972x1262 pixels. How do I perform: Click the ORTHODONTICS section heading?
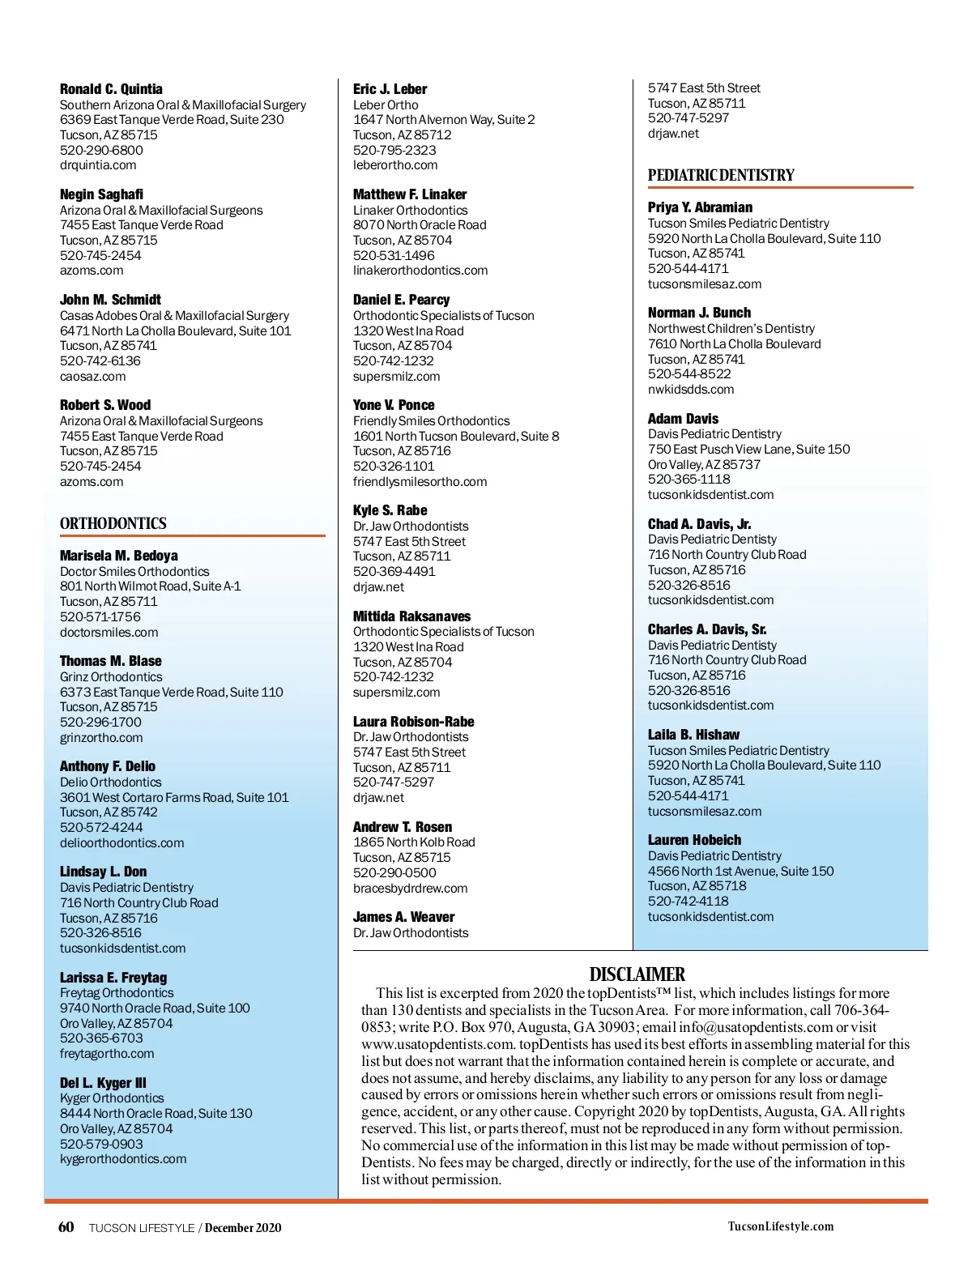click(x=113, y=523)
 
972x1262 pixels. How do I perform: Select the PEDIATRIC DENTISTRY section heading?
click(x=721, y=175)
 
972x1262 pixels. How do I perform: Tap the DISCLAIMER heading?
click(x=637, y=974)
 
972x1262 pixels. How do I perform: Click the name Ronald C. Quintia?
click(x=111, y=89)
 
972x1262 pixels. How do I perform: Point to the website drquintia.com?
click(x=98, y=165)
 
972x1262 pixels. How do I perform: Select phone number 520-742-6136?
click(x=100, y=360)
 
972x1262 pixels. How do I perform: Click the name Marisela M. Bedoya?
click(x=119, y=556)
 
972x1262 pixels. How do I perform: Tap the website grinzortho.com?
click(x=101, y=737)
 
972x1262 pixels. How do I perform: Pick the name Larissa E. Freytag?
click(x=113, y=978)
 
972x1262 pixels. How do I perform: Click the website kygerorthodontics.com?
click(x=123, y=1159)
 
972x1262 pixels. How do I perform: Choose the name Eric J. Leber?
click(x=390, y=89)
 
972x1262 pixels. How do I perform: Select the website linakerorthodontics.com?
click(x=420, y=271)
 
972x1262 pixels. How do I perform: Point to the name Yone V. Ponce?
click(x=394, y=405)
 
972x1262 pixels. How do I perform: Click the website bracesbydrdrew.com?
click(x=410, y=888)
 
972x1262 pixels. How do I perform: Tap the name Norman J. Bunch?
click(x=699, y=313)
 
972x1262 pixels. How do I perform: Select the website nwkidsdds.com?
click(x=691, y=389)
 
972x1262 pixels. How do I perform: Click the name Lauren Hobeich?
click(x=694, y=840)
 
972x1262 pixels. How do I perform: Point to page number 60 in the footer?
click(x=66, y=1226)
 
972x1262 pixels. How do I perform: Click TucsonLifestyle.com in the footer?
click(x=780, y=1226)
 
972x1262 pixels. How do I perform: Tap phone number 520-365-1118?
click(x=688, y=479)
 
